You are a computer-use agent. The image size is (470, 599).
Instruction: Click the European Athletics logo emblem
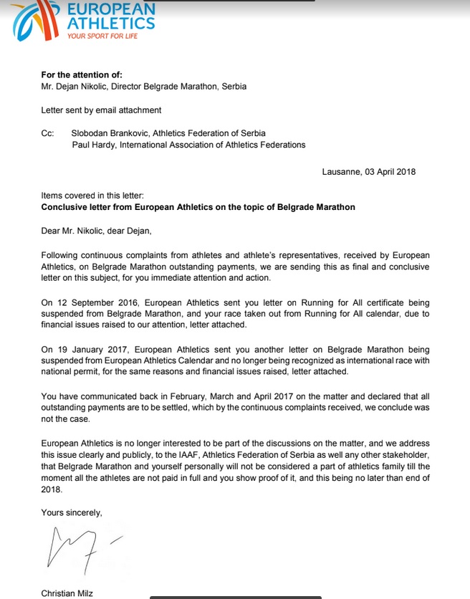coord(32,20)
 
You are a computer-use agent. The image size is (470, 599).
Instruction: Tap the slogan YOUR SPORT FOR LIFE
coord(102,35)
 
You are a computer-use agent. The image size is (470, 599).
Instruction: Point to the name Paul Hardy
coord(93,145)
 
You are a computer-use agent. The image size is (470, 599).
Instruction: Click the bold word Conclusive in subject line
coord(66,207)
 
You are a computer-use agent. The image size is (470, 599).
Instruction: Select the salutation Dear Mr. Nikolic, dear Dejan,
coord(97,231)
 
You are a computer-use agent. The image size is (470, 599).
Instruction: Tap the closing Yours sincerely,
coord(72,512)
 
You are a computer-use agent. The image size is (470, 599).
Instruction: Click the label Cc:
coord(48,133)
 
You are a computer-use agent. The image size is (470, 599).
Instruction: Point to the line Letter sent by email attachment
coord(101,110)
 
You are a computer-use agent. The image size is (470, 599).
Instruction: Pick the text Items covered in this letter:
coord(93,196)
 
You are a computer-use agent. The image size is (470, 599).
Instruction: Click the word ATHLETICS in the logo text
coord(111,23)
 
